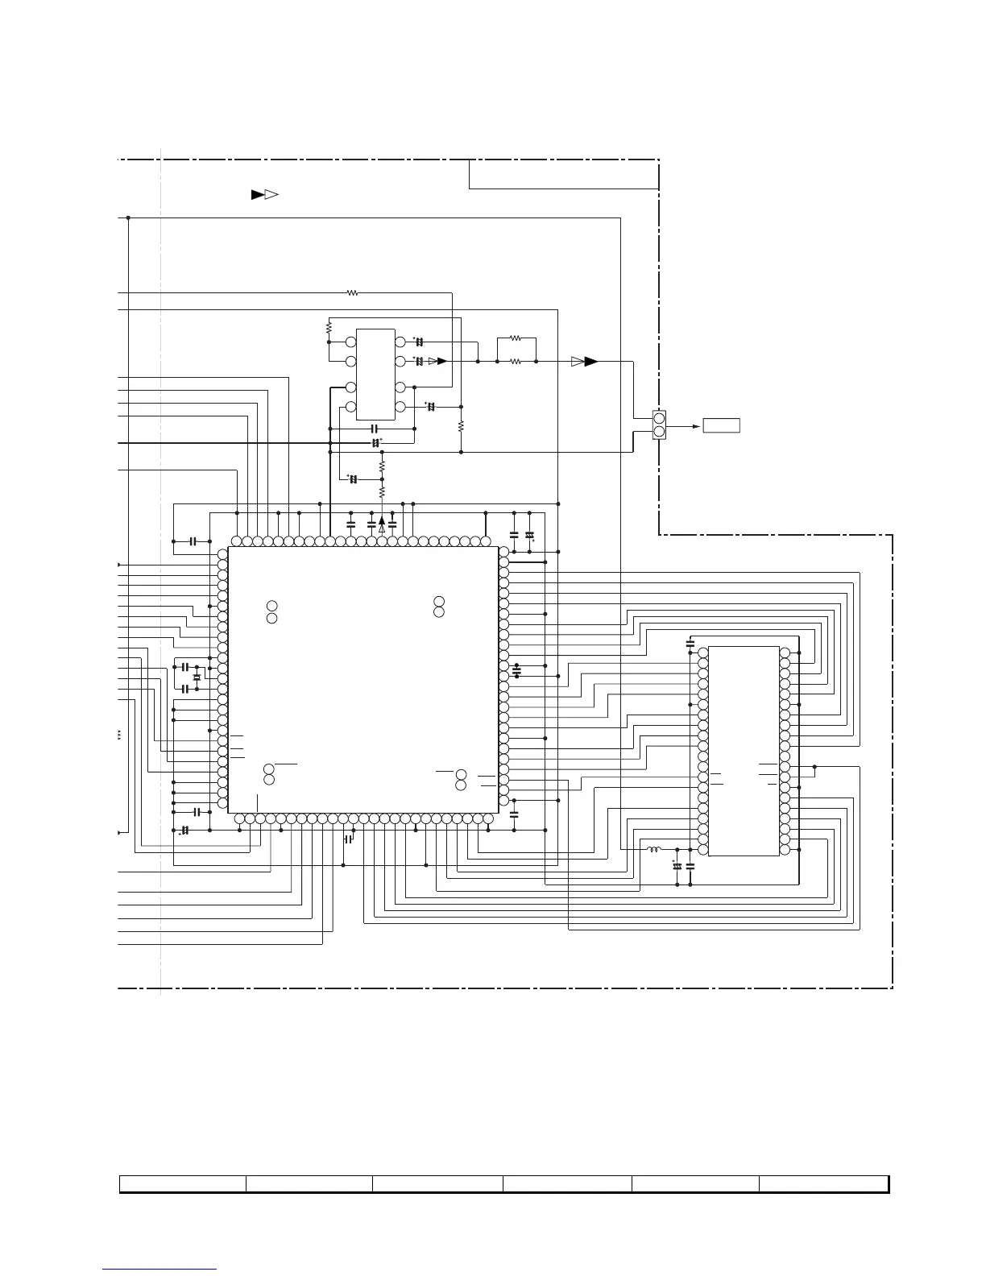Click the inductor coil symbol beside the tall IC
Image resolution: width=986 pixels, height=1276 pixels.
coord(654,849)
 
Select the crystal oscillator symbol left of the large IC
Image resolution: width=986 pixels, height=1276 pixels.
coord(197,677)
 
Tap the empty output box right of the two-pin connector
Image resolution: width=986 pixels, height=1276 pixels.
coord(721,425)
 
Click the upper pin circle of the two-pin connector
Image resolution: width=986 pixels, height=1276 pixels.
coord(659,418)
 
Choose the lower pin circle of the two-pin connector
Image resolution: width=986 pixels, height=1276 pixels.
coord(659,432)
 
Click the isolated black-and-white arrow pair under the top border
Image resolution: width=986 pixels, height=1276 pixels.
coord(264,194)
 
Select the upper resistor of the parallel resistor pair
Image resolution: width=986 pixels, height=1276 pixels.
coord(516,338)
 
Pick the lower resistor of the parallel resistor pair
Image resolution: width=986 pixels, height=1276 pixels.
coord(516,362)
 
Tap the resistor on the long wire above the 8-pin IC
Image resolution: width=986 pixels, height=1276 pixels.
coord(352,293)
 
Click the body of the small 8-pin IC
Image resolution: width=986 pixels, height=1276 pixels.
coord(375,374)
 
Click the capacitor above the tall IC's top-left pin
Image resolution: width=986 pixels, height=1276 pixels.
coord(690,643)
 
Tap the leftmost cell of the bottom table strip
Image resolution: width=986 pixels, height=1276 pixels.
coord(183,1183)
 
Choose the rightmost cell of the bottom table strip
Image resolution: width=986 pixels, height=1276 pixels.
coord(823,1183)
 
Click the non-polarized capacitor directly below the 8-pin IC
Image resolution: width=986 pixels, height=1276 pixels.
coord(373,429)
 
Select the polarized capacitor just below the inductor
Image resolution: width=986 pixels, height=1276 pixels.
coord(677,866)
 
